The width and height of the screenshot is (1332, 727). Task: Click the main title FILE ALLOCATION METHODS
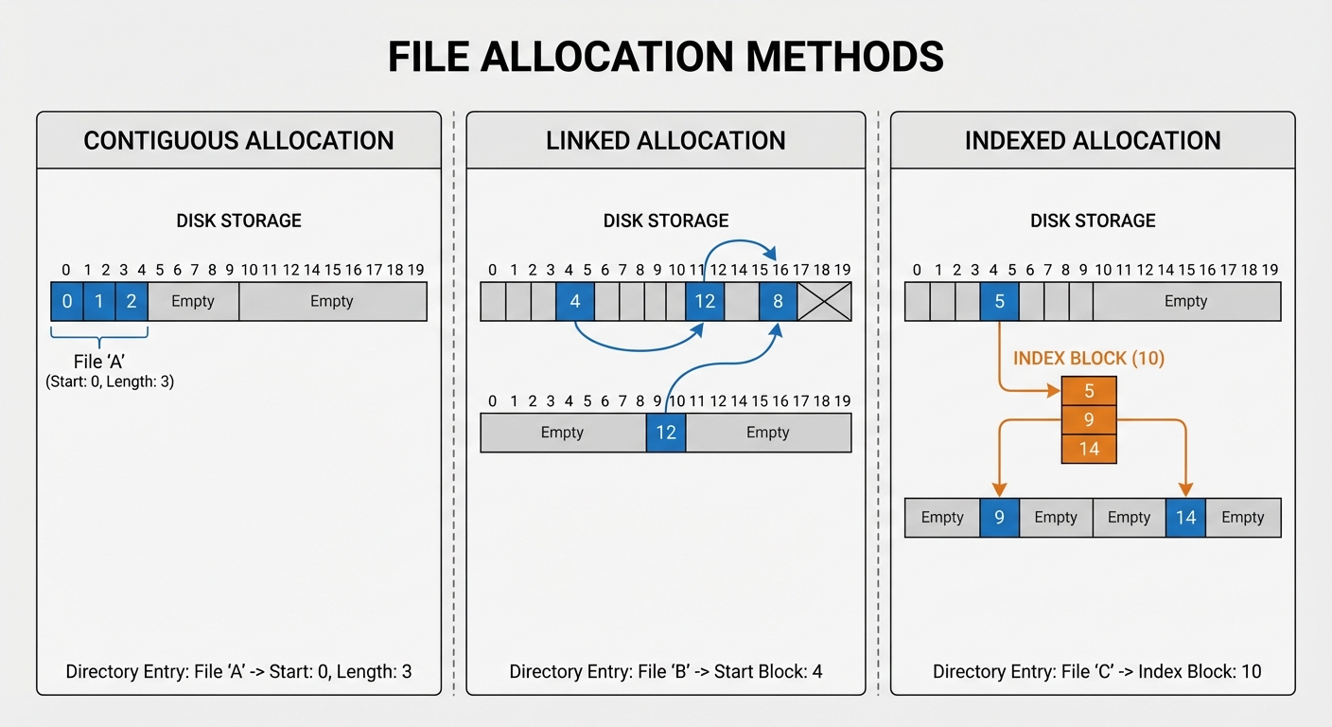[x=665, y=57]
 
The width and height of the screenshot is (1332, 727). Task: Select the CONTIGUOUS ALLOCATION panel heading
[x=238, y=141]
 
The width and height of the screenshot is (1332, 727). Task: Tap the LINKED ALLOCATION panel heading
[x=665, y=141]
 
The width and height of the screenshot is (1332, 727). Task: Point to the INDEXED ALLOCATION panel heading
[x=1093, y=141]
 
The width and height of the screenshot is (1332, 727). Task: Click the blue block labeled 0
[x=66, y=302]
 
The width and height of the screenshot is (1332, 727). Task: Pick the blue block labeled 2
[x=131, y=302]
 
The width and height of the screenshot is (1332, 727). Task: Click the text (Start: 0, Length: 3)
[x=109, y=382]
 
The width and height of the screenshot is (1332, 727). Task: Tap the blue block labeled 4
[x=574, y=302]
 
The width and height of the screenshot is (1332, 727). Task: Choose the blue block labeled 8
[x=778, y=302]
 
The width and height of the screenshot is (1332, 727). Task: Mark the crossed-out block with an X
[x=824, y=302]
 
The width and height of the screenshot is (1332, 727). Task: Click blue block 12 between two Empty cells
[x=665, y=433]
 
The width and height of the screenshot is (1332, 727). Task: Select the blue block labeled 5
[x=999, y=302]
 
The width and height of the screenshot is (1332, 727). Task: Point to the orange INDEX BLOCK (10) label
[x=1089, y=359]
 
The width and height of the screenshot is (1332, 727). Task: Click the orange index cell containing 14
[x=1089, y=449]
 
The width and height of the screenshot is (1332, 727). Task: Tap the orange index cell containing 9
[x=1089, y=419]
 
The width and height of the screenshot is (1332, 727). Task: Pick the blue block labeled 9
[x=999, y=518]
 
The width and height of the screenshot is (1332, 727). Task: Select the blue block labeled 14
[x=1185, y=518]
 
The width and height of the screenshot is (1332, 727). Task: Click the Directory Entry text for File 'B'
[x=665, y=672]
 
